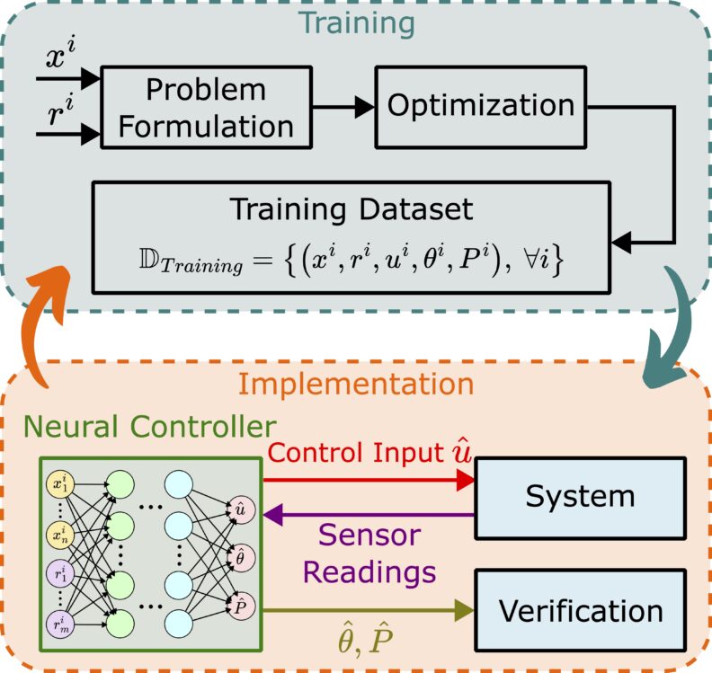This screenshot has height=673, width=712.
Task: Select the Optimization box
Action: tap(481, 106)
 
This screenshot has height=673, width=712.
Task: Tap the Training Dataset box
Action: tap(352, 237)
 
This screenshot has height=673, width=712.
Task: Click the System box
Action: tap(580, 496)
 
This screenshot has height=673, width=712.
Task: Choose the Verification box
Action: tap(580, 611)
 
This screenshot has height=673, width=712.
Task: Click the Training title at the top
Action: tap(354, 22)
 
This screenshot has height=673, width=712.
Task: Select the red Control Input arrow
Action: tap(369, 482)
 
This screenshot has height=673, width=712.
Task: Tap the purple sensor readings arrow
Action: tap(369, 515)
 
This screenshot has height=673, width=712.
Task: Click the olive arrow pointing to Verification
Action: tap(369, 611)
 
